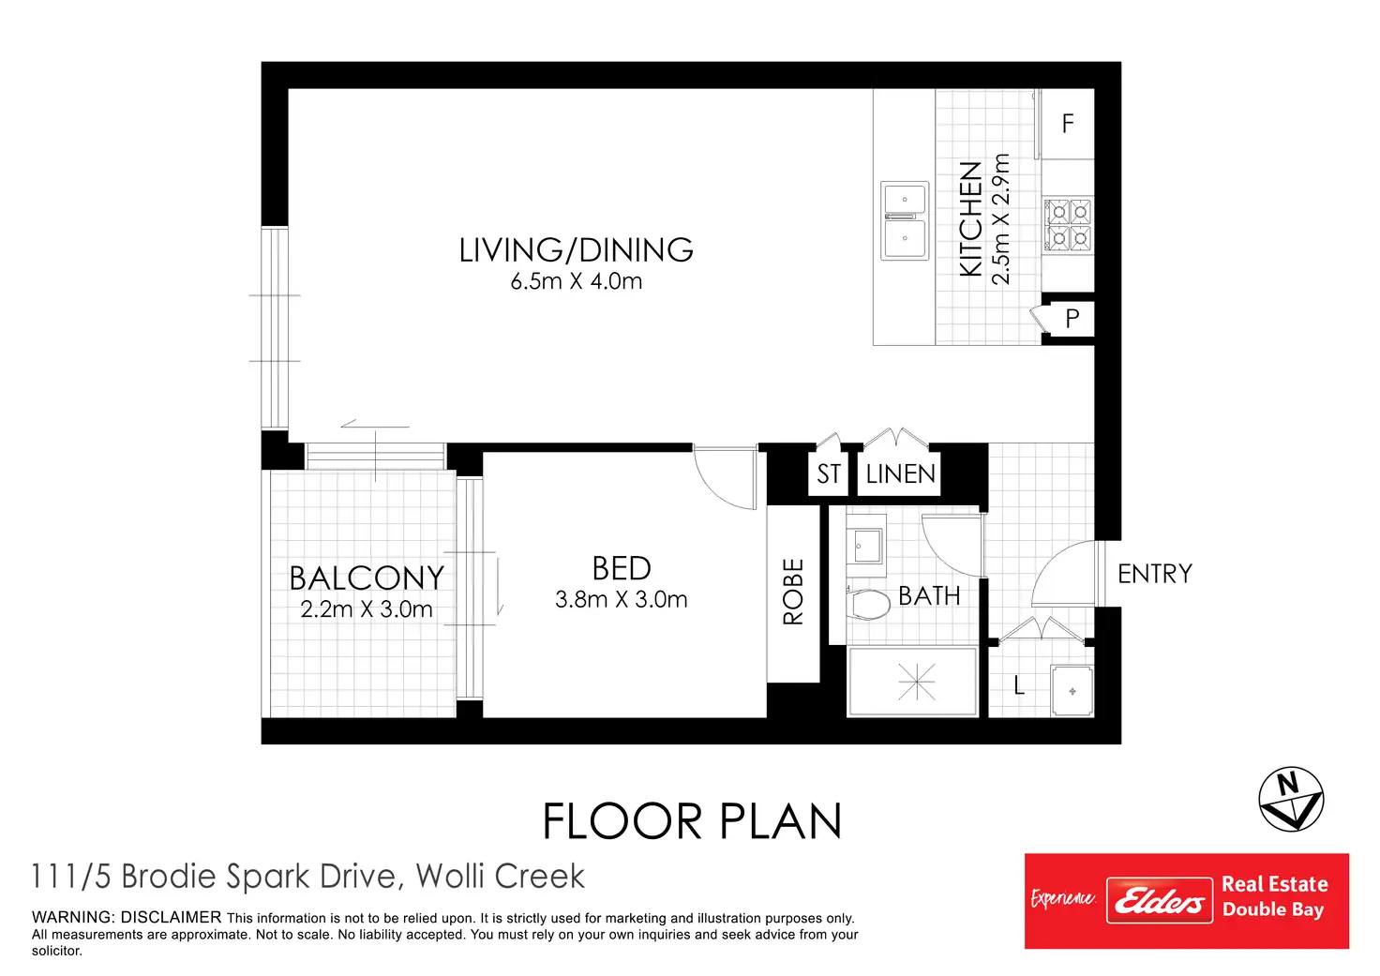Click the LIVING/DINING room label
[576, 250]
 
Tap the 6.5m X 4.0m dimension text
[576, 281]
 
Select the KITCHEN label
[971, 218]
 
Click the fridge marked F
[1068, 124]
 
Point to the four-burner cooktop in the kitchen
[1068, 225]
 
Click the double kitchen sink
[905, 220]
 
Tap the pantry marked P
[1072, 319]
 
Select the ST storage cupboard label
[828, 473]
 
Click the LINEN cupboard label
[900, 473]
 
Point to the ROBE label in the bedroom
[793, 592]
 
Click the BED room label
[621, 568]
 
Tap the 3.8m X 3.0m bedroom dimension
[621, 599]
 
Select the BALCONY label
[367, 578]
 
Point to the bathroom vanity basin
[866, 546]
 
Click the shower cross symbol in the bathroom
[917, 682]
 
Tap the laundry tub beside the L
[1072, 691]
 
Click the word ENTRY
[1154, 574]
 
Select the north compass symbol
[1291, 799]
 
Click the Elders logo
[1159, 900]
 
